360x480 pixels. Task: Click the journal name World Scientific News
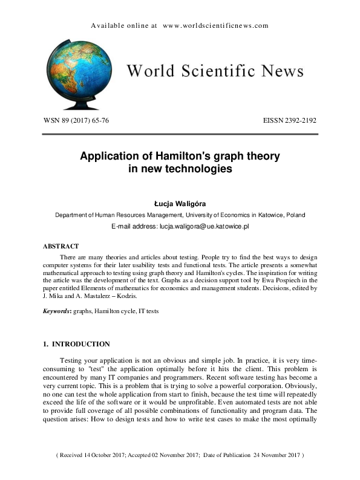tap(215, 71)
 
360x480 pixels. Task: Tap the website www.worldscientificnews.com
tap(215, 26)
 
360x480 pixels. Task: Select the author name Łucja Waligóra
tap(180, 203)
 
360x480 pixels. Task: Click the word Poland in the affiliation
tap(295, 215)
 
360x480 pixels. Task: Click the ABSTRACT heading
tap(61, 246)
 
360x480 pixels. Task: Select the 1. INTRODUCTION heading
tap(76, 344)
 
